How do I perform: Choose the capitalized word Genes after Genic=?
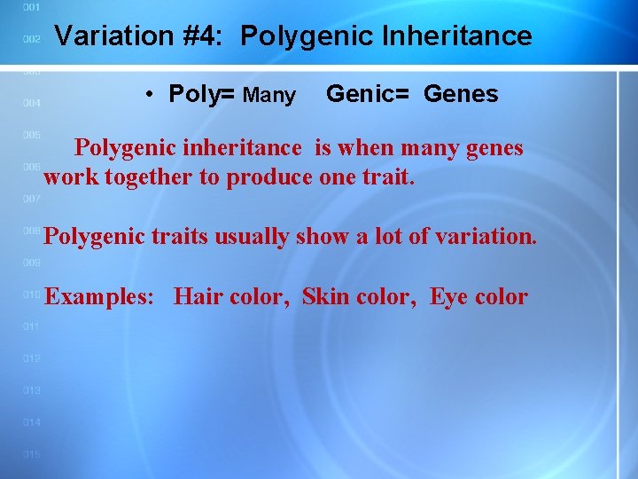coord(461,94)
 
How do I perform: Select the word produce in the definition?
coord(269,177)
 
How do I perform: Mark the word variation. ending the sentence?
coord(492,237)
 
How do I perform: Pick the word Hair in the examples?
coord(198,296)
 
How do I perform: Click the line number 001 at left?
coord(31,7)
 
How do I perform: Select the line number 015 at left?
coord(31,454)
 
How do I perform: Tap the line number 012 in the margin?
coord(31,358)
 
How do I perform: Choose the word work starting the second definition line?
coord(71,177)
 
